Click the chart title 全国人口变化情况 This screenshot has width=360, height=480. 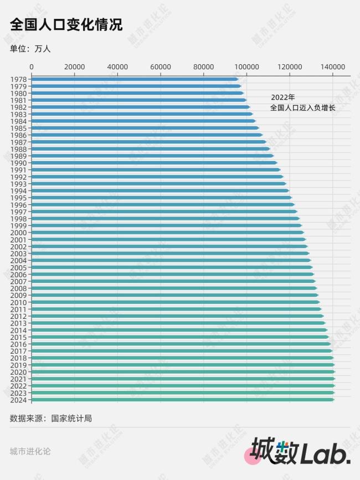tap(66, 25)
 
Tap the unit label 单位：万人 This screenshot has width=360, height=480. tap(30, 49)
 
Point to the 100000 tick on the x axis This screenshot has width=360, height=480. tap(246, 66)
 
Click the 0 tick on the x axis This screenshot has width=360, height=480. tap(32, 66)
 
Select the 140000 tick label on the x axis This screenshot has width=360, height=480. tap(333, 66)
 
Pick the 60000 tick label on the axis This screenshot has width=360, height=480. tap(161, 66)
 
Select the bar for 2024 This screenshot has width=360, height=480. tap(183, 400)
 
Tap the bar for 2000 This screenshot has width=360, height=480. tap(166, 233)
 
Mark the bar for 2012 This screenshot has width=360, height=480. tap(177, 316)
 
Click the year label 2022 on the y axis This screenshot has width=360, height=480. tap(18, 386)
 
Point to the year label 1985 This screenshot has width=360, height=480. tap(18, 128)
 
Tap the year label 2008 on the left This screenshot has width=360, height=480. tap(18, 288)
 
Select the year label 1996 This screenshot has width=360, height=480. tap(18, 205)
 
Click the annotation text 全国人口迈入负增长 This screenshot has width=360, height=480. tap(302, 107)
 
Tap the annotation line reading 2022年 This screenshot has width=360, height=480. tap(283, 97)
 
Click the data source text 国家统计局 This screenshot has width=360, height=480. tap(71, 419)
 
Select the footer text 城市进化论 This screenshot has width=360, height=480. tap(30, 451)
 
